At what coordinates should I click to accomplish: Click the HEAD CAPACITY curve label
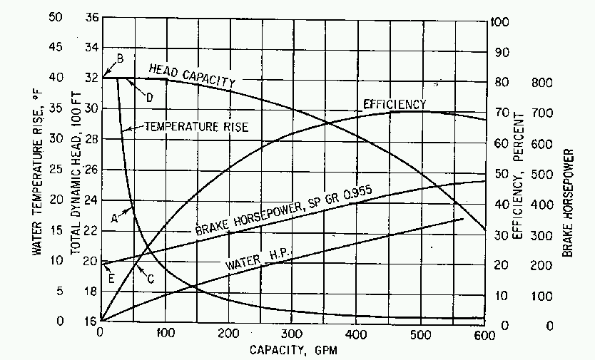click(191, 75)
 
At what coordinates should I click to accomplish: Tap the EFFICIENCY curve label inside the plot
click(395, 104)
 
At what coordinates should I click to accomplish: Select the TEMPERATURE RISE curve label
click(196, 127)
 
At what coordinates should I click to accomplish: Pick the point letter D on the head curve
click(151, 96)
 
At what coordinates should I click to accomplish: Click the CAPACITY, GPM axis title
click(293, 350)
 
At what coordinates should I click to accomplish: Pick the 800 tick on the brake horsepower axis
click(544, 83)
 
